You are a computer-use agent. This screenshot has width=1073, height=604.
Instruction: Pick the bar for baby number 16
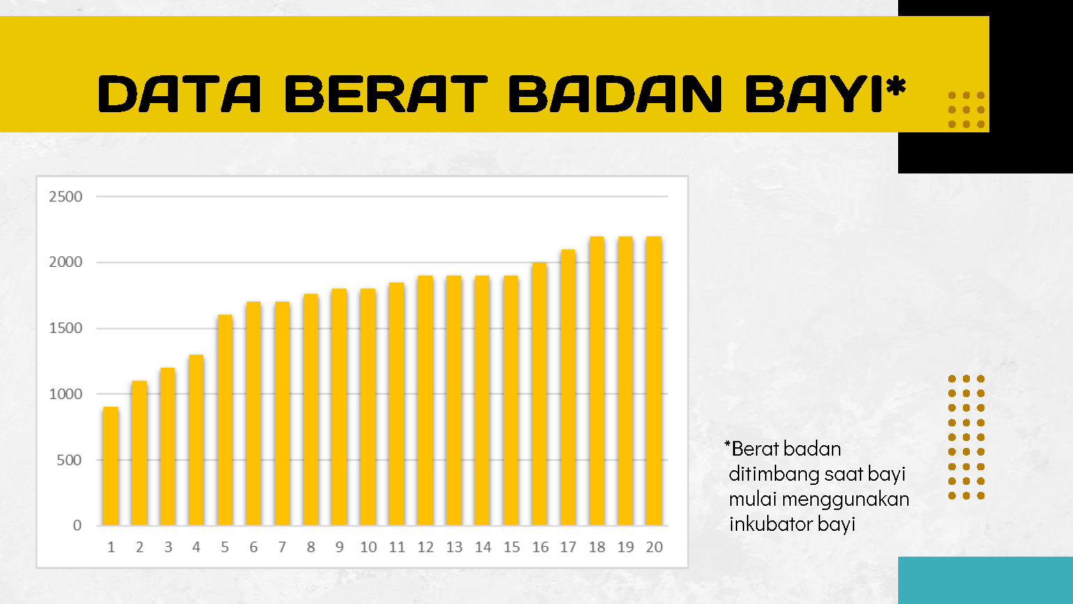[539, 394]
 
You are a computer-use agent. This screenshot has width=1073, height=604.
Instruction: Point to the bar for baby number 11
[396, 403]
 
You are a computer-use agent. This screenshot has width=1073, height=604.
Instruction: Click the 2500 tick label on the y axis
[65, 196]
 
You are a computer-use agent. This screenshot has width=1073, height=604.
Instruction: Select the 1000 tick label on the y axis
[65, 394]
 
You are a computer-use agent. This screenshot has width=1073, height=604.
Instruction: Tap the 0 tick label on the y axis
[77, 526]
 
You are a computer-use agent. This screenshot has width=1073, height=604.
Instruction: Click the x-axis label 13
[454, 548]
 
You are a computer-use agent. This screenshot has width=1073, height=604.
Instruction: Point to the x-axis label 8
[311, 548]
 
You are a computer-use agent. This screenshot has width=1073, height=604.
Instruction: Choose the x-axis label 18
[597, 548]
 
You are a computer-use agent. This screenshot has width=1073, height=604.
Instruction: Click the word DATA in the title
[180, 94]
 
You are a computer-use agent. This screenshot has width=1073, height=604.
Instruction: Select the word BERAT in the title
[386, 94]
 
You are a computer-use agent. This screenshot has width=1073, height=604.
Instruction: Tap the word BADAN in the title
[615, 94]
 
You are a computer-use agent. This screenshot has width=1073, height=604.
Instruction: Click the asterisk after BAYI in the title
[896, 87]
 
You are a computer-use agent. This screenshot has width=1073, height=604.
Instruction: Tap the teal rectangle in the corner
[985, 580]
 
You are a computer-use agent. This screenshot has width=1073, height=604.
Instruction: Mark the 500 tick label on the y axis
[69, 460]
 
